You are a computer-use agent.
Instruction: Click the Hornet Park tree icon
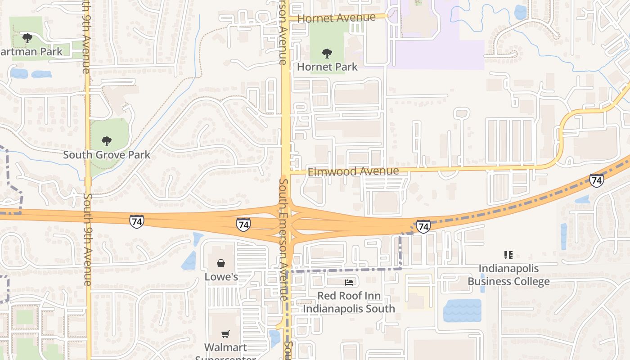pyautogui.click(x=327, y=54)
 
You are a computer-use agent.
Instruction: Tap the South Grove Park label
pyautogui.click(x=107, y=155)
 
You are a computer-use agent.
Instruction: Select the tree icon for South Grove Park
pyautogui.click(x=107, y=141)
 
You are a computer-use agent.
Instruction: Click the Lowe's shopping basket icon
pyautogui.click(x=221, y=263)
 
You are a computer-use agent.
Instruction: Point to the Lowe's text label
pyautogui.click(x=221, y=276)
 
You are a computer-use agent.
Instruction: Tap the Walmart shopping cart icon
pyautogui.click(x=225, y=334)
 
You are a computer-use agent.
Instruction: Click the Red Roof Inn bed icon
pyautogui.click(x=349, y=282)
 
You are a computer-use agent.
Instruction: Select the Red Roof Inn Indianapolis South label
pyautogui.click(x=349, y=302)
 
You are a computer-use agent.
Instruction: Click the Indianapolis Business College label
pyautogui.click(x=508, y=275)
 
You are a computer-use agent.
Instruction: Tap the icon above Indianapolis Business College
pyautogui.click(x=508, y=255)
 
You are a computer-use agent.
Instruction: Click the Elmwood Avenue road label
pyautogui.click(x=353, y=171)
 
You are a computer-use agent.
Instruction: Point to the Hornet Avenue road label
pyautogui.click(x=336, y=18)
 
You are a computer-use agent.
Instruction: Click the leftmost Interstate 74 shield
pyautogui.click(x=137, y=221)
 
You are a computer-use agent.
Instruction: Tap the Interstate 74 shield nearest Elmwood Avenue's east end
pyautogui.click(x=597, y=180)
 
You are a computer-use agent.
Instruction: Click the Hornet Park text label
pyautogui.click(x=327, y=67)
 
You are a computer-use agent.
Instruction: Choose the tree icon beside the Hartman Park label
pyautogui.click(x=27, y=38)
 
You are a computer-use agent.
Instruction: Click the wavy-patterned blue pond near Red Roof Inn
pyautogui.click(x=462, y=310)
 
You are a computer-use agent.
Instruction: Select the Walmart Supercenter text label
pyautogui.click(x=225, y=351)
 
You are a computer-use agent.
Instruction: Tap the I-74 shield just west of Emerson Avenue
pyautogui.click(x=243, y=225)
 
